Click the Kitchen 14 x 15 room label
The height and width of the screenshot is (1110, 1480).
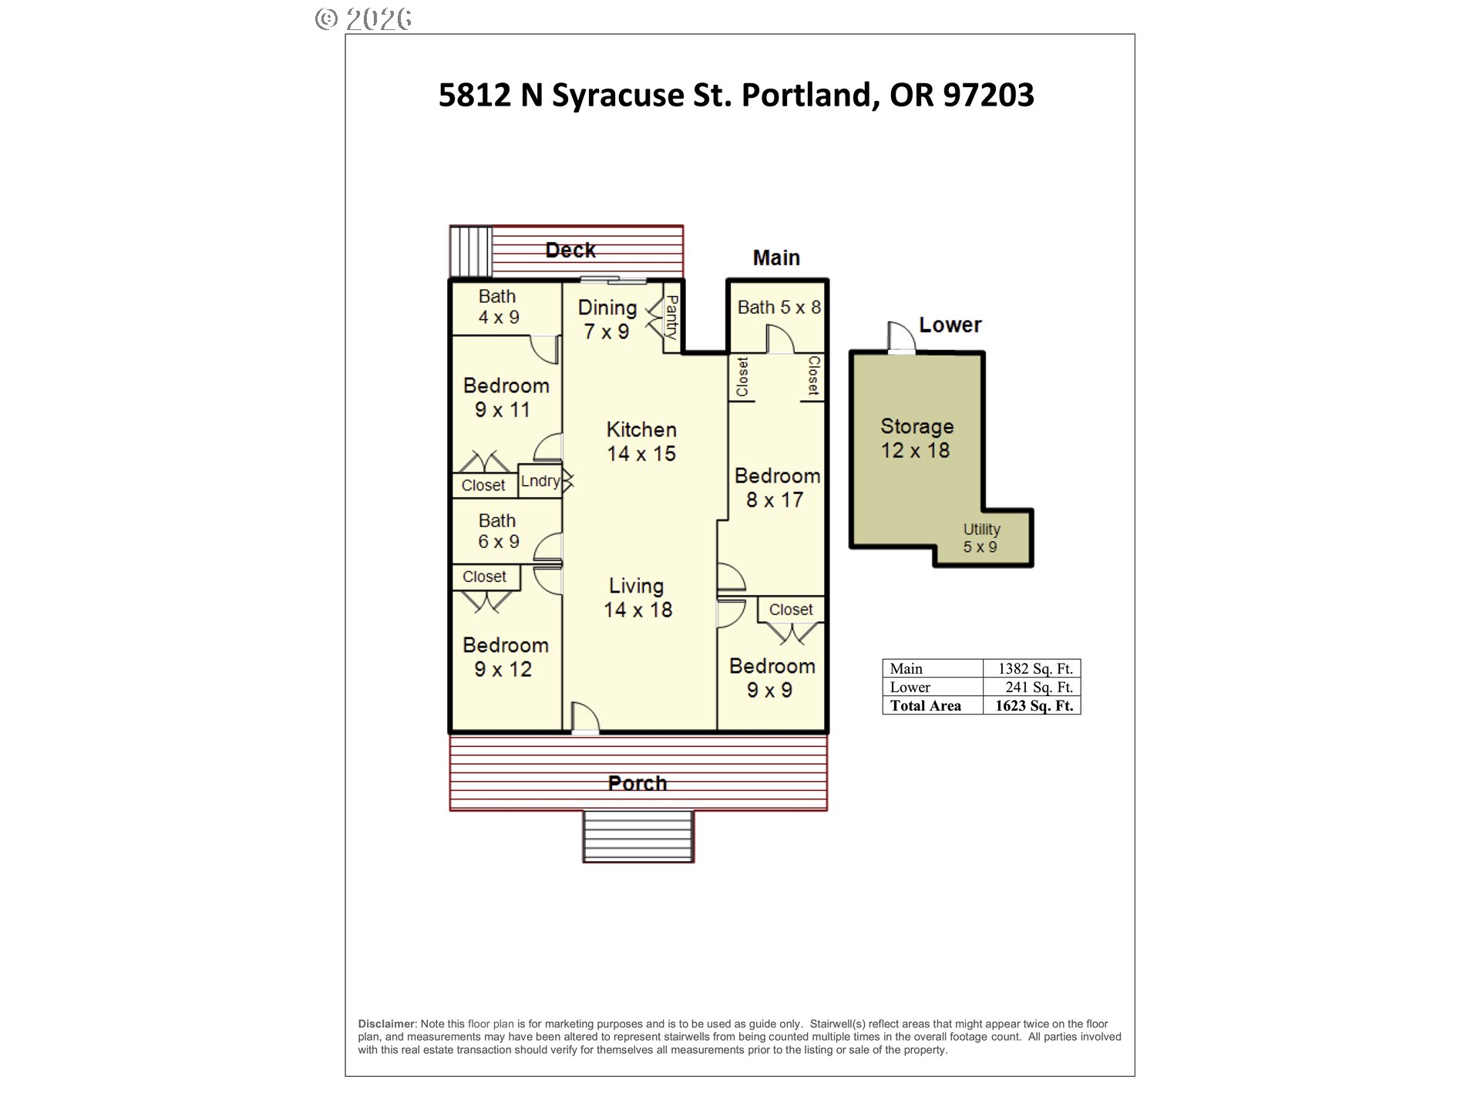(641, 442)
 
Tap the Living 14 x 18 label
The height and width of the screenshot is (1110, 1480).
(637, 598)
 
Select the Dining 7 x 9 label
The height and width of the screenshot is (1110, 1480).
(607, 320)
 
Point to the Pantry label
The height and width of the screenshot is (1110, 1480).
(671, 318)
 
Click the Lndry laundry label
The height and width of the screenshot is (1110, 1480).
(540, 481)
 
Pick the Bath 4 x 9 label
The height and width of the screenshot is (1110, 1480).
(498, 307)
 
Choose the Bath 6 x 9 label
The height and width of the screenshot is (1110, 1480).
(498, 531)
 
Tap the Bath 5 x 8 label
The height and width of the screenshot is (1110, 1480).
(779, 308)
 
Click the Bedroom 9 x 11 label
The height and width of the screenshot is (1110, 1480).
(506, 398)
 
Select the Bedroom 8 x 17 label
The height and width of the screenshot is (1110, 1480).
(777, 488)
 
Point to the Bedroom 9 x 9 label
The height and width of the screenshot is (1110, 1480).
(772, 678)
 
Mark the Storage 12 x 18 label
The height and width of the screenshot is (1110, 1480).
(917, 439)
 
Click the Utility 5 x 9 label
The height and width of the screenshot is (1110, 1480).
(981, 538)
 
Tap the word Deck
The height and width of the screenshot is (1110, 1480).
(570, 250)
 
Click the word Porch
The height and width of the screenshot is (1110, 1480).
(637, 783)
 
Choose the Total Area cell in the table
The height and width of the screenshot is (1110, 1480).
(933, 705)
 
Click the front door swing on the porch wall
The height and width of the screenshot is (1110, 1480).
(585, 717)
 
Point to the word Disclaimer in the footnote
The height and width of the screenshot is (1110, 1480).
(387, 1024)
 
